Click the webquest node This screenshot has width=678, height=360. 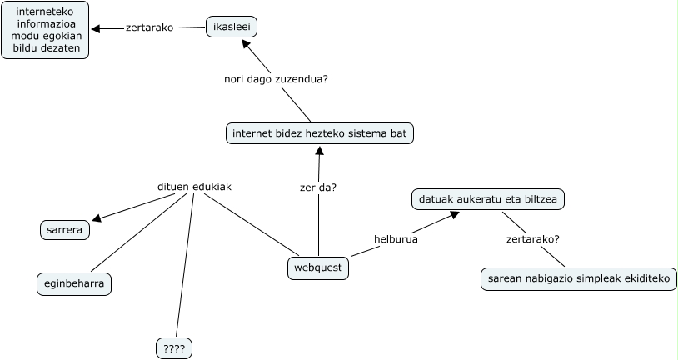tap(317, 268)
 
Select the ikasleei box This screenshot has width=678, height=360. tap(232, 27)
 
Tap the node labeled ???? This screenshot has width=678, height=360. tap(174, 348)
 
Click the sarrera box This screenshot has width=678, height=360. tap(64, 229)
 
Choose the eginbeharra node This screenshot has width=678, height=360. tap(74, 284)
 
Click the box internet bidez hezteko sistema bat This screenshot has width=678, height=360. tap(319, 133)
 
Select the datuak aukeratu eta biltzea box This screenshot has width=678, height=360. tap(488, 200)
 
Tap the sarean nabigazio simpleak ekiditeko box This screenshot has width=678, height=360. tap(579, 279)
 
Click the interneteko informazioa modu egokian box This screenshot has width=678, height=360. tap(45, 30)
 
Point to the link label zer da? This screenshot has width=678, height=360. tap(318, 187)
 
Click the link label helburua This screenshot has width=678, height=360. tap(396, 239)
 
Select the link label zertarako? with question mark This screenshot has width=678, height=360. tap(533, 239)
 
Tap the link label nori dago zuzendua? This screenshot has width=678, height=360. tap(276, 79)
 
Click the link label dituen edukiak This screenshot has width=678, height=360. tap(194, 187)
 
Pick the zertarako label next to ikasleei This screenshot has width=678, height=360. tap(149, 27)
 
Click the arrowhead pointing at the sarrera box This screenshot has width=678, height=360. tap(97, 218)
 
